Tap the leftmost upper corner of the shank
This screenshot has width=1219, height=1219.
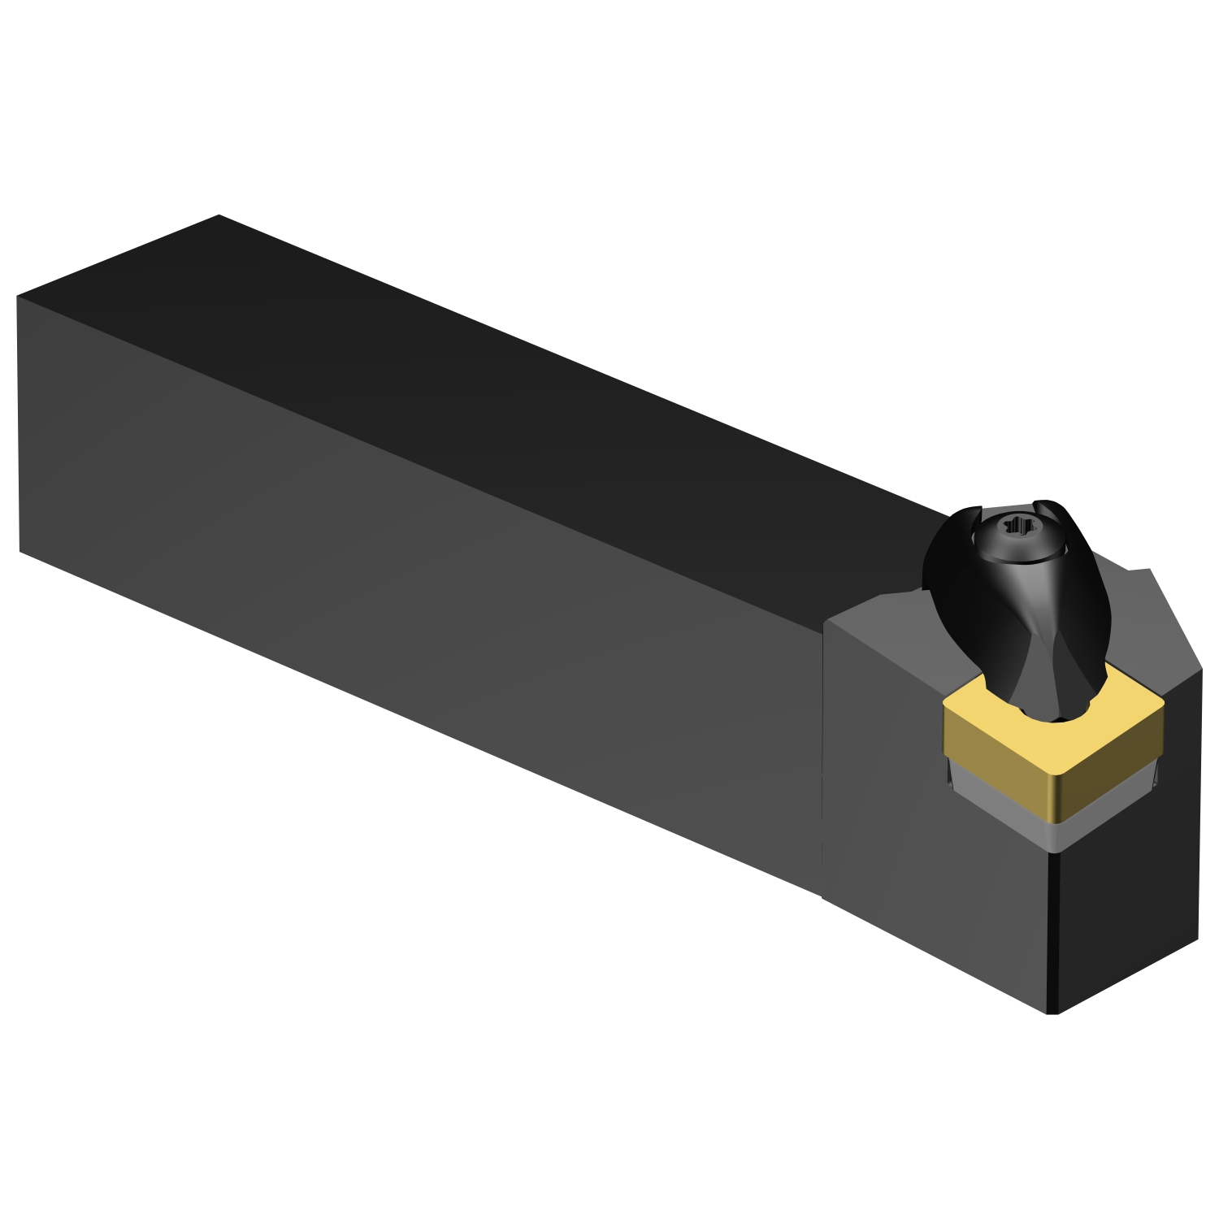[x=17, y=296]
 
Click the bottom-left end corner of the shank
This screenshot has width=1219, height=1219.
[x=20, y=552]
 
